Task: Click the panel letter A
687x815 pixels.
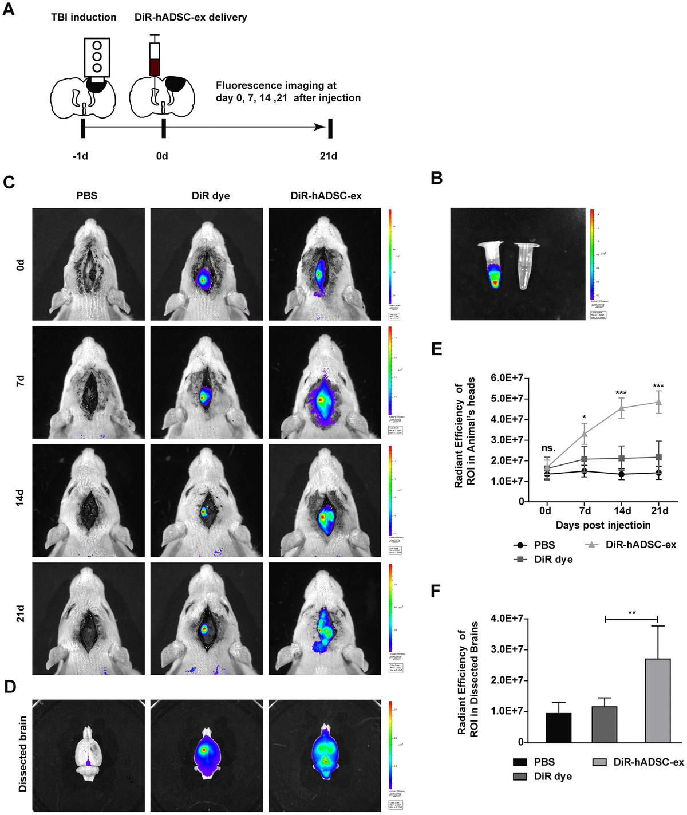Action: (9, 10)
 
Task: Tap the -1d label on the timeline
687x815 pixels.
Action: (80, 156)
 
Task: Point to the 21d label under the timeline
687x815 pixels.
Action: (328, 156)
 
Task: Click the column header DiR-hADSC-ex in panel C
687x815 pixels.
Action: (326, 196)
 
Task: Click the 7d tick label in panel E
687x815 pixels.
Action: (585, 511)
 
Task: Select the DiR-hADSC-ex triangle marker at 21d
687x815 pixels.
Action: (658, 402)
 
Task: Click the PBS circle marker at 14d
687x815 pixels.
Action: (621, 474)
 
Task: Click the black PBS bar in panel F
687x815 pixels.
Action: (558, 727)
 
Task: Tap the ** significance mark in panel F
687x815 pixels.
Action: (632, 613)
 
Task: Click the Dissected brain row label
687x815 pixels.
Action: (23, 754)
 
